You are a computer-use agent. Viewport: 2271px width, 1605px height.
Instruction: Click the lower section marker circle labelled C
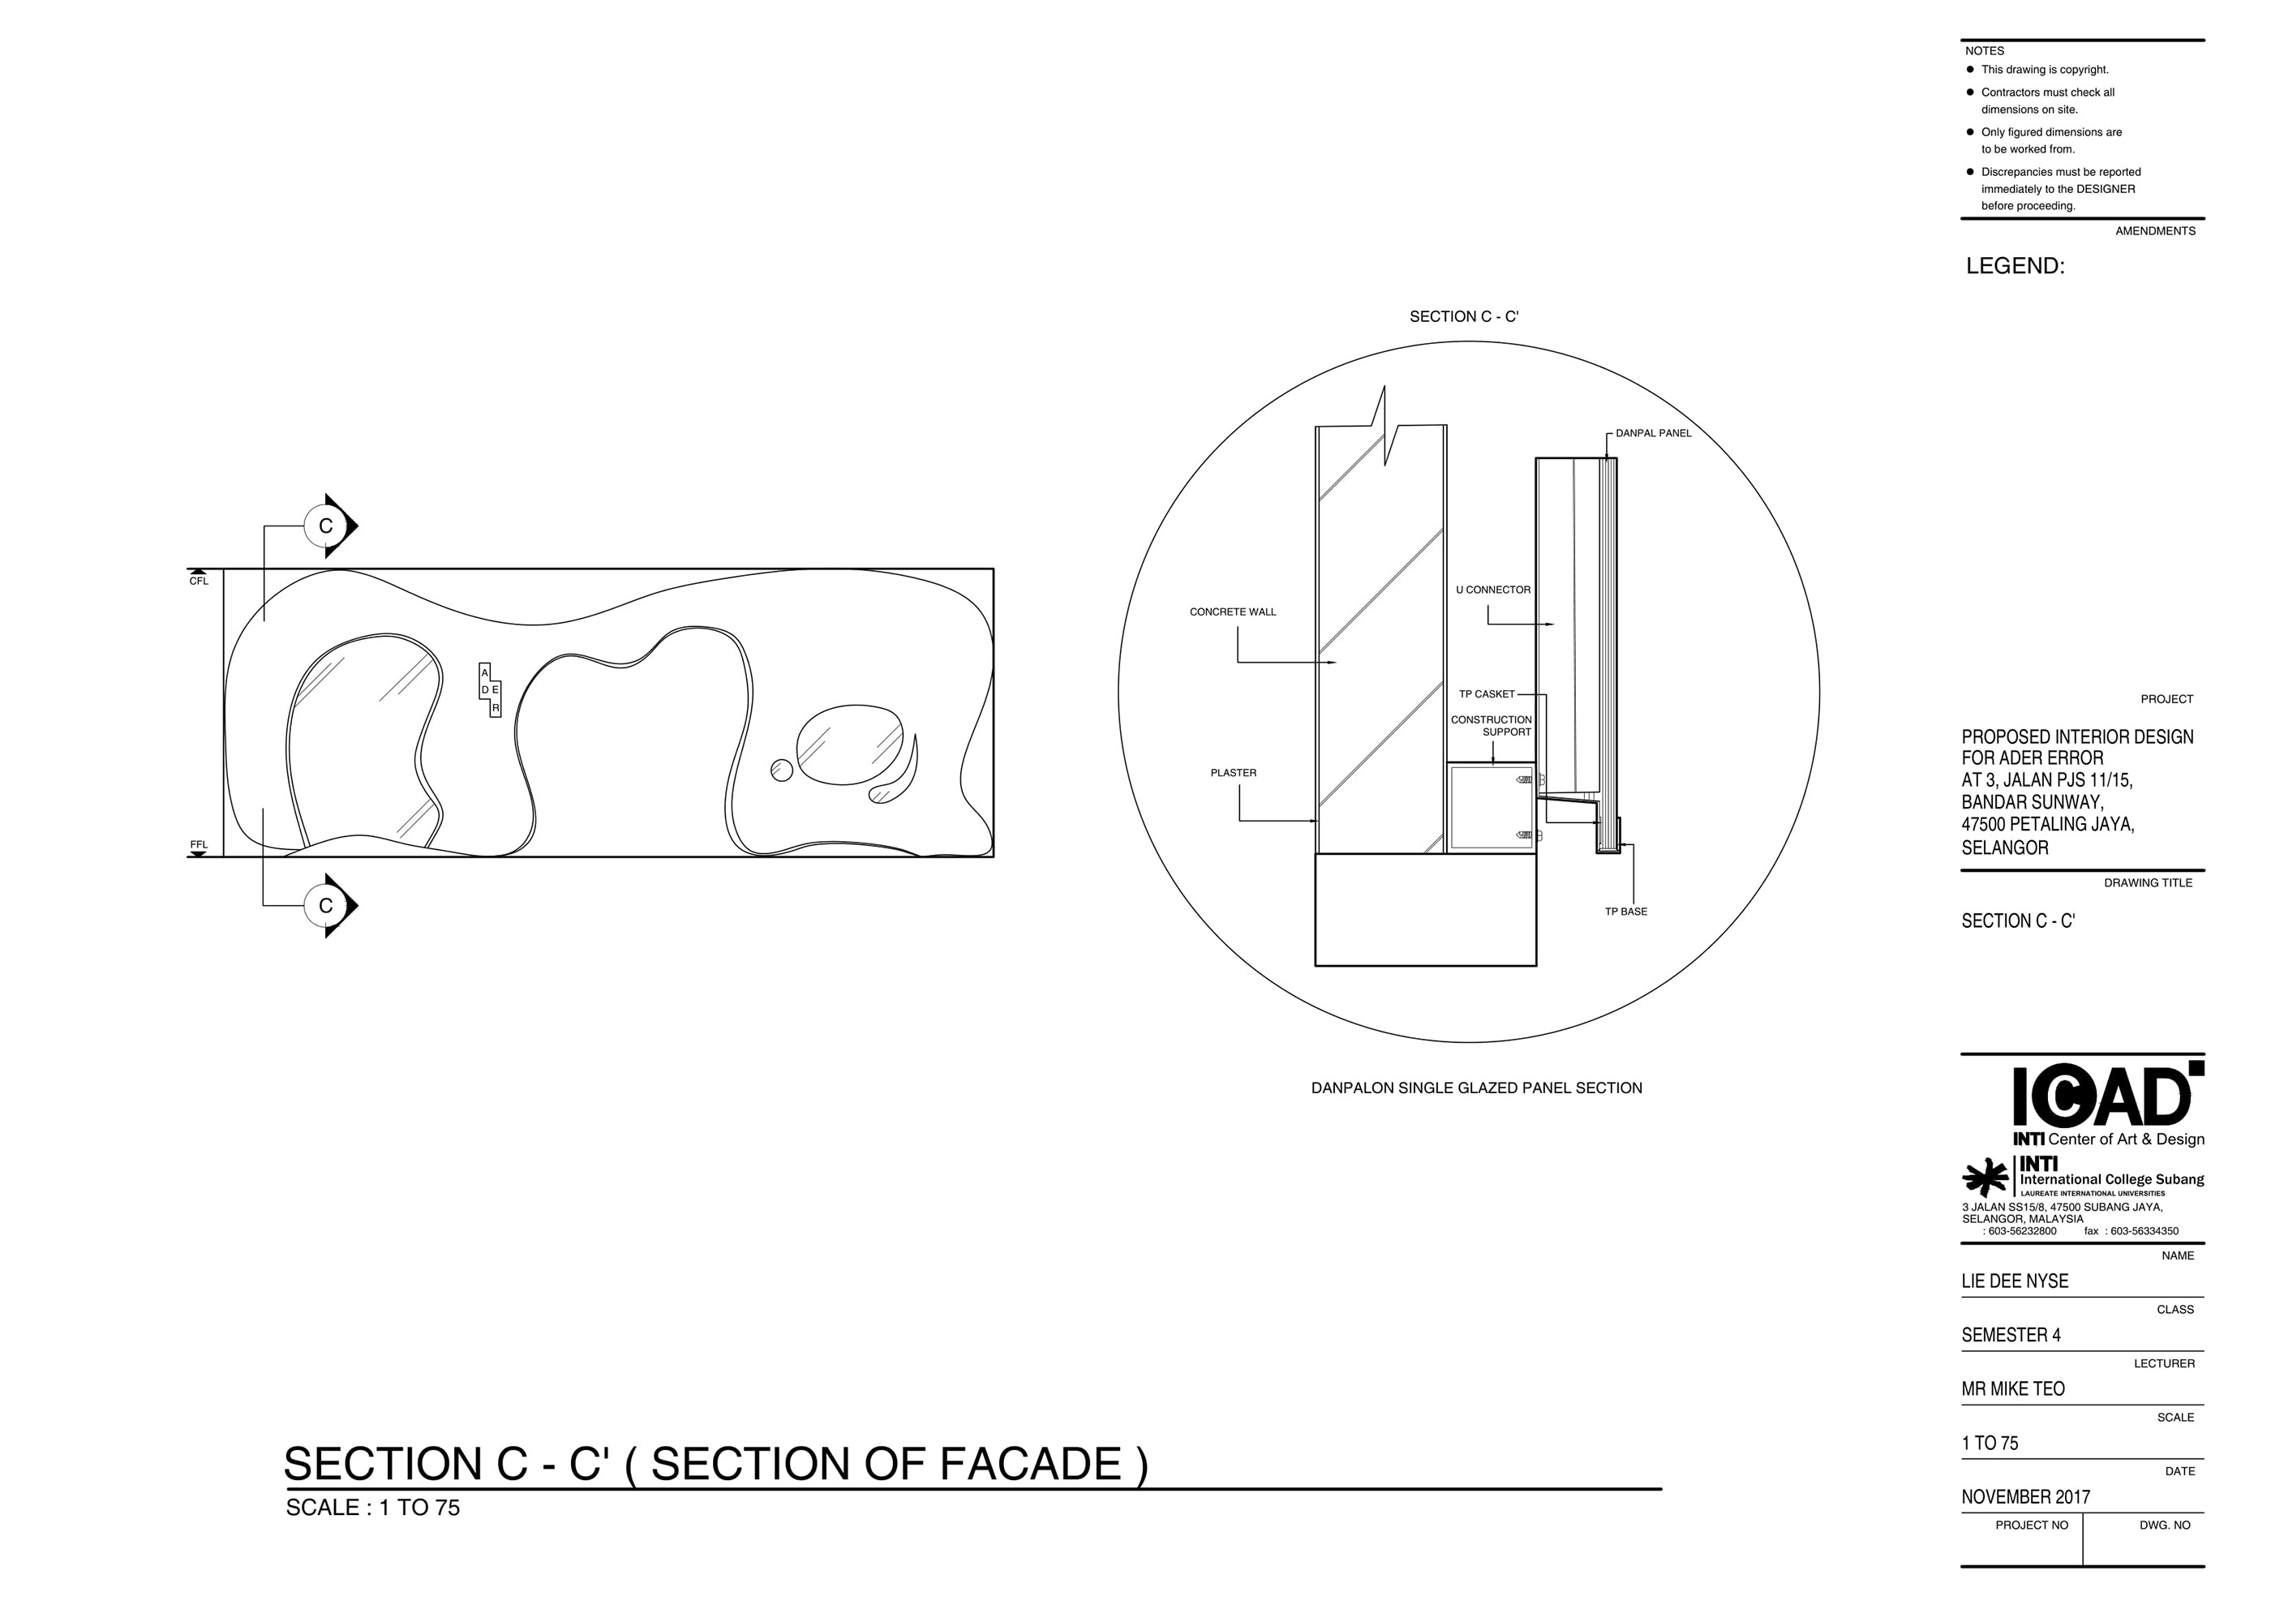click(x=325, y=905)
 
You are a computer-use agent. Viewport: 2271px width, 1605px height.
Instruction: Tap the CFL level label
click(x=199, y=581)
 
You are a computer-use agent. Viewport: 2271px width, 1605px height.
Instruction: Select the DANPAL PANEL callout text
click(x=1654, y=433)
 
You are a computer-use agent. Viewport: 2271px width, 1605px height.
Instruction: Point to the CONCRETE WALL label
click(x=1233, y=612)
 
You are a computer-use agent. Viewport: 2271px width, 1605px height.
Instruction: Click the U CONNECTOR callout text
click(x=1492, y=590)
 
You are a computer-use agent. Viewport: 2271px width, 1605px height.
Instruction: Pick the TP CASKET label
click(x=1487, y=694)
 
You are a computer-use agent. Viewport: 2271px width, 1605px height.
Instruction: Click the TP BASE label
click(x=1626, y=912)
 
